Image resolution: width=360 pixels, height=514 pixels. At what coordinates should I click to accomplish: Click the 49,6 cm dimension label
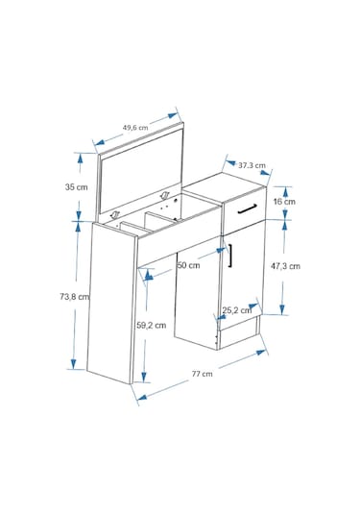click(135, 128)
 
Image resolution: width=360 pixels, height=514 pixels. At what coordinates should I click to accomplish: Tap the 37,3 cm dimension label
click(252, 165)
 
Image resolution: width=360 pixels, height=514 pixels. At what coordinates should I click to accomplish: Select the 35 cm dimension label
click(77, 187)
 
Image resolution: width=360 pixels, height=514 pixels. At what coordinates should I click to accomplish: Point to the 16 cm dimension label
click(284, 202)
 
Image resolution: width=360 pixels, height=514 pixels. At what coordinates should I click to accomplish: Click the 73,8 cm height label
click(74, 297)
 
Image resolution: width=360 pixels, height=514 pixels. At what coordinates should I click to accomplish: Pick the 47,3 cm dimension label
click(285, 266)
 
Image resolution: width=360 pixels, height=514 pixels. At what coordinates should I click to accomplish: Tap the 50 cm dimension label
click(188, 265)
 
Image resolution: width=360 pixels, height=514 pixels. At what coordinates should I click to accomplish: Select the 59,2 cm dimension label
click(152, 325)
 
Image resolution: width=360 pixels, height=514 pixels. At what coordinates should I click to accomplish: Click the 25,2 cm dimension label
click(237, 310)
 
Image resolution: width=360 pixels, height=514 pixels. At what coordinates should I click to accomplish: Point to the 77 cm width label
click(203, 374)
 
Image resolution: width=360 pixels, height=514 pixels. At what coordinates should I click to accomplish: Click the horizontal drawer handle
click(248, 208)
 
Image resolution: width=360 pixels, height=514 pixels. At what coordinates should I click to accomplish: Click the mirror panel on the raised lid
click(141, 170)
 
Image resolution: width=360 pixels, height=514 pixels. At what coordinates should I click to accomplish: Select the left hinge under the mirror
click(115, 215)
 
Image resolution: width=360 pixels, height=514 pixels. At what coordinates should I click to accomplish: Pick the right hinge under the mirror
click(164, 196)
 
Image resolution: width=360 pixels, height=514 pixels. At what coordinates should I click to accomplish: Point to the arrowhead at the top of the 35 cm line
click(80, 159)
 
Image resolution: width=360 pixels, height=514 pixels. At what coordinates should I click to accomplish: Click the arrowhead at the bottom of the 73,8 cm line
click(73, 364)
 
